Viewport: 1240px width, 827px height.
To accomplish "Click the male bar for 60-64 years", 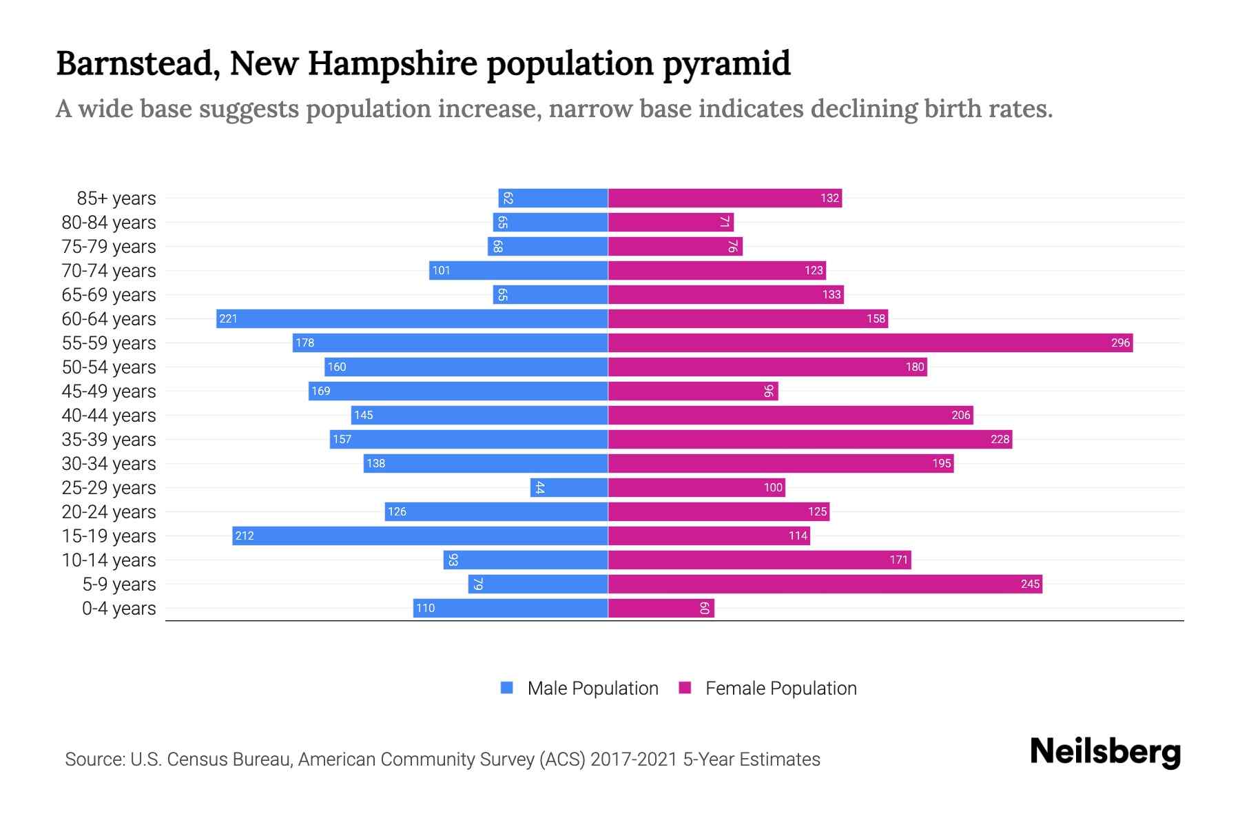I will [x=412, y=318].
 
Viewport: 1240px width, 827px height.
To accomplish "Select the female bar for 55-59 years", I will [x=870, y=343].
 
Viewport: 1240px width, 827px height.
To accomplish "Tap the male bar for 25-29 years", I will [x=569, y=487].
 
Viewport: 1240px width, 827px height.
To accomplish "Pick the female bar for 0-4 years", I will [x=661, y=608].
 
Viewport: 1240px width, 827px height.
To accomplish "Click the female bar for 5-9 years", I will [x=825, y=584].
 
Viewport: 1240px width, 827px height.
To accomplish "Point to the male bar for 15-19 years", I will [x=420, y=535].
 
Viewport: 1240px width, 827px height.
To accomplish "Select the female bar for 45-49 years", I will [x=692, y=391].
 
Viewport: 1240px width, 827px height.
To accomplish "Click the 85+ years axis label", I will [x=116, y=198].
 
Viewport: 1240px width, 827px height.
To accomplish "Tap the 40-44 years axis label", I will [x=109, y=416].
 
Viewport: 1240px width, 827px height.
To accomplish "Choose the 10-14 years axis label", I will [x=109, y=560].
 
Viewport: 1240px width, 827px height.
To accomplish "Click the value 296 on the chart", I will [x=1120, y=343].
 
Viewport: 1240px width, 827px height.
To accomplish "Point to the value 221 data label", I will [x=228, y=318].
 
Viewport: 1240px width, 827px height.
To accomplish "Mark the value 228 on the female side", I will [x=1000, y=439].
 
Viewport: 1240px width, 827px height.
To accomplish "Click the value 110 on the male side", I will [x=425, y=608].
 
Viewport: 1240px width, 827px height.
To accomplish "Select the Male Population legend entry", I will [x=592, y=688].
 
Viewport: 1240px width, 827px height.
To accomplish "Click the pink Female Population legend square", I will [x=685, y=688].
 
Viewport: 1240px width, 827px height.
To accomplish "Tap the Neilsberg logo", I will [x=1105, y=752].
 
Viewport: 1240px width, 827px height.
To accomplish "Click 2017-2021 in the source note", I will [x=633, y=759].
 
